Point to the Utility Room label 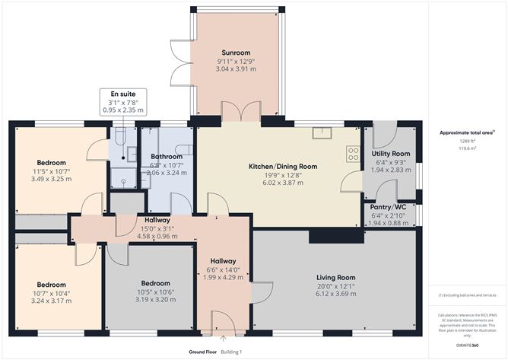pyautogui.click(x=391, y=154)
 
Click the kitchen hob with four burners pyautogui.click(x=354, y=153)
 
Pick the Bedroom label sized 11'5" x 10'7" pyautogui.click(x=52, y=162)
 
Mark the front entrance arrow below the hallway pyautogui.click(x=223, y=337)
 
